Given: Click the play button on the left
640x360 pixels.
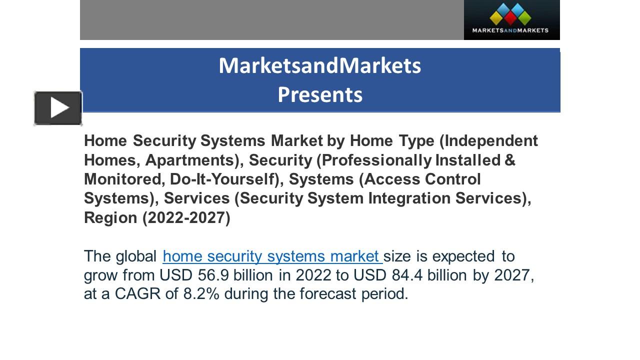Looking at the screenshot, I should click(58, 108).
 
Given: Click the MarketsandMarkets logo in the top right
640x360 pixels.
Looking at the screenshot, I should click(511, 19).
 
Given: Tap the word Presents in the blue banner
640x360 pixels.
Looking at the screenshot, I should click(320, 94).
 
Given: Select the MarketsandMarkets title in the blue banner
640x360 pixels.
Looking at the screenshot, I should click(320, 65).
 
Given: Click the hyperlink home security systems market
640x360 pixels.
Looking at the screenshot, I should click(272, 256).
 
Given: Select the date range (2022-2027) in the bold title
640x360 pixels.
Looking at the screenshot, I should click(186, 218).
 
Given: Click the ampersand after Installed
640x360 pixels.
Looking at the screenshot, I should click(510, 160).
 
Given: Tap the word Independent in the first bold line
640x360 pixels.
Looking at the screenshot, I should click(491, 141).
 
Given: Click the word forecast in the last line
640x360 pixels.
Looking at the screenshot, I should click(328, 294).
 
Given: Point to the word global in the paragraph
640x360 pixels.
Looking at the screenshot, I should click(136, 256).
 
